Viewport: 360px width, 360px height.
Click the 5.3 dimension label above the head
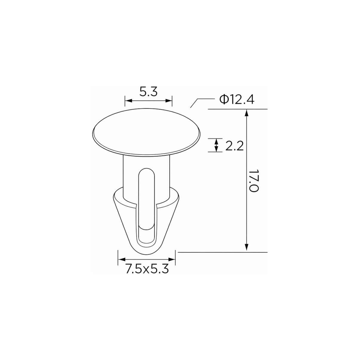pyautogui.click(x=149, y=92)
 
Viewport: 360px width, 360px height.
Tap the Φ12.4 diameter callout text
pyautogui.click(x=237, y=100)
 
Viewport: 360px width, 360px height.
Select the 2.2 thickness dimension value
pyautogui.click(x=234, y=146)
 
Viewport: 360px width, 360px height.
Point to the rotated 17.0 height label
pyautogui.click(x=254, y=181)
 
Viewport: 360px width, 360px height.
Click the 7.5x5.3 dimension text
pyautogui.click(x=147, y=269)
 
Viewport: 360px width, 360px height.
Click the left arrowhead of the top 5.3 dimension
pyautogui.click(x=129, y=101)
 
